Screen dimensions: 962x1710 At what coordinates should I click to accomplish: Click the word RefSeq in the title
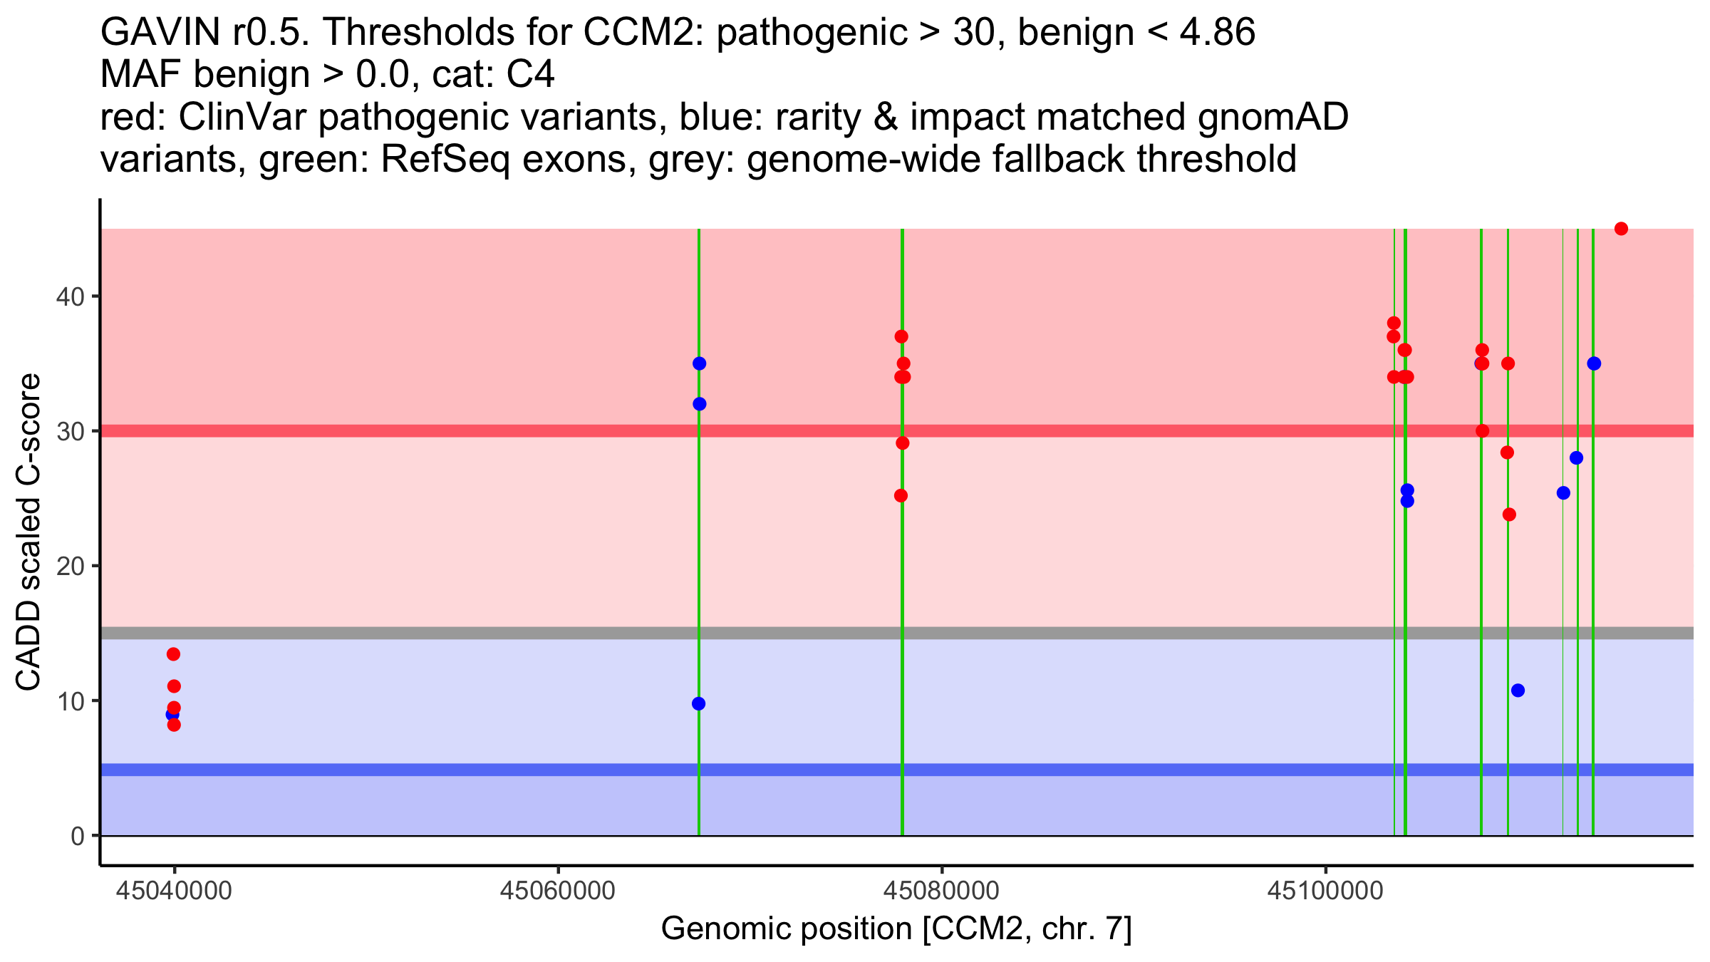[x=445, y=160]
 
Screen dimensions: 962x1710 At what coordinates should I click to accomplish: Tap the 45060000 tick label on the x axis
[x=557, y=891]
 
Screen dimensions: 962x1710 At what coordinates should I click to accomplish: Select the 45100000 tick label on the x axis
[x=1325, y=891]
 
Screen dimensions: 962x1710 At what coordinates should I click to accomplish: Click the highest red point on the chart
[x=1621, y=229]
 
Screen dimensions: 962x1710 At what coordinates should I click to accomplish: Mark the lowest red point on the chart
[x=174, y=725]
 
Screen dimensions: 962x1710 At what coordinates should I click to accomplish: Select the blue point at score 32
[x=699, y=404]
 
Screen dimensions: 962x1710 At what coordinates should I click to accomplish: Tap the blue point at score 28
[x=1576, y=457]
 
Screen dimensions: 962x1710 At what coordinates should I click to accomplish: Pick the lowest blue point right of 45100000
[x=1518, y=690]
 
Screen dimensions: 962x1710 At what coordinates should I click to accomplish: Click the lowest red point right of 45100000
[x=1509, y=514]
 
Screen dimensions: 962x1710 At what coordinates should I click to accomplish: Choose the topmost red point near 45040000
[x=173, y=654]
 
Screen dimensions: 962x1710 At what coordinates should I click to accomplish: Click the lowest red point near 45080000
[x=901, y=495]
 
